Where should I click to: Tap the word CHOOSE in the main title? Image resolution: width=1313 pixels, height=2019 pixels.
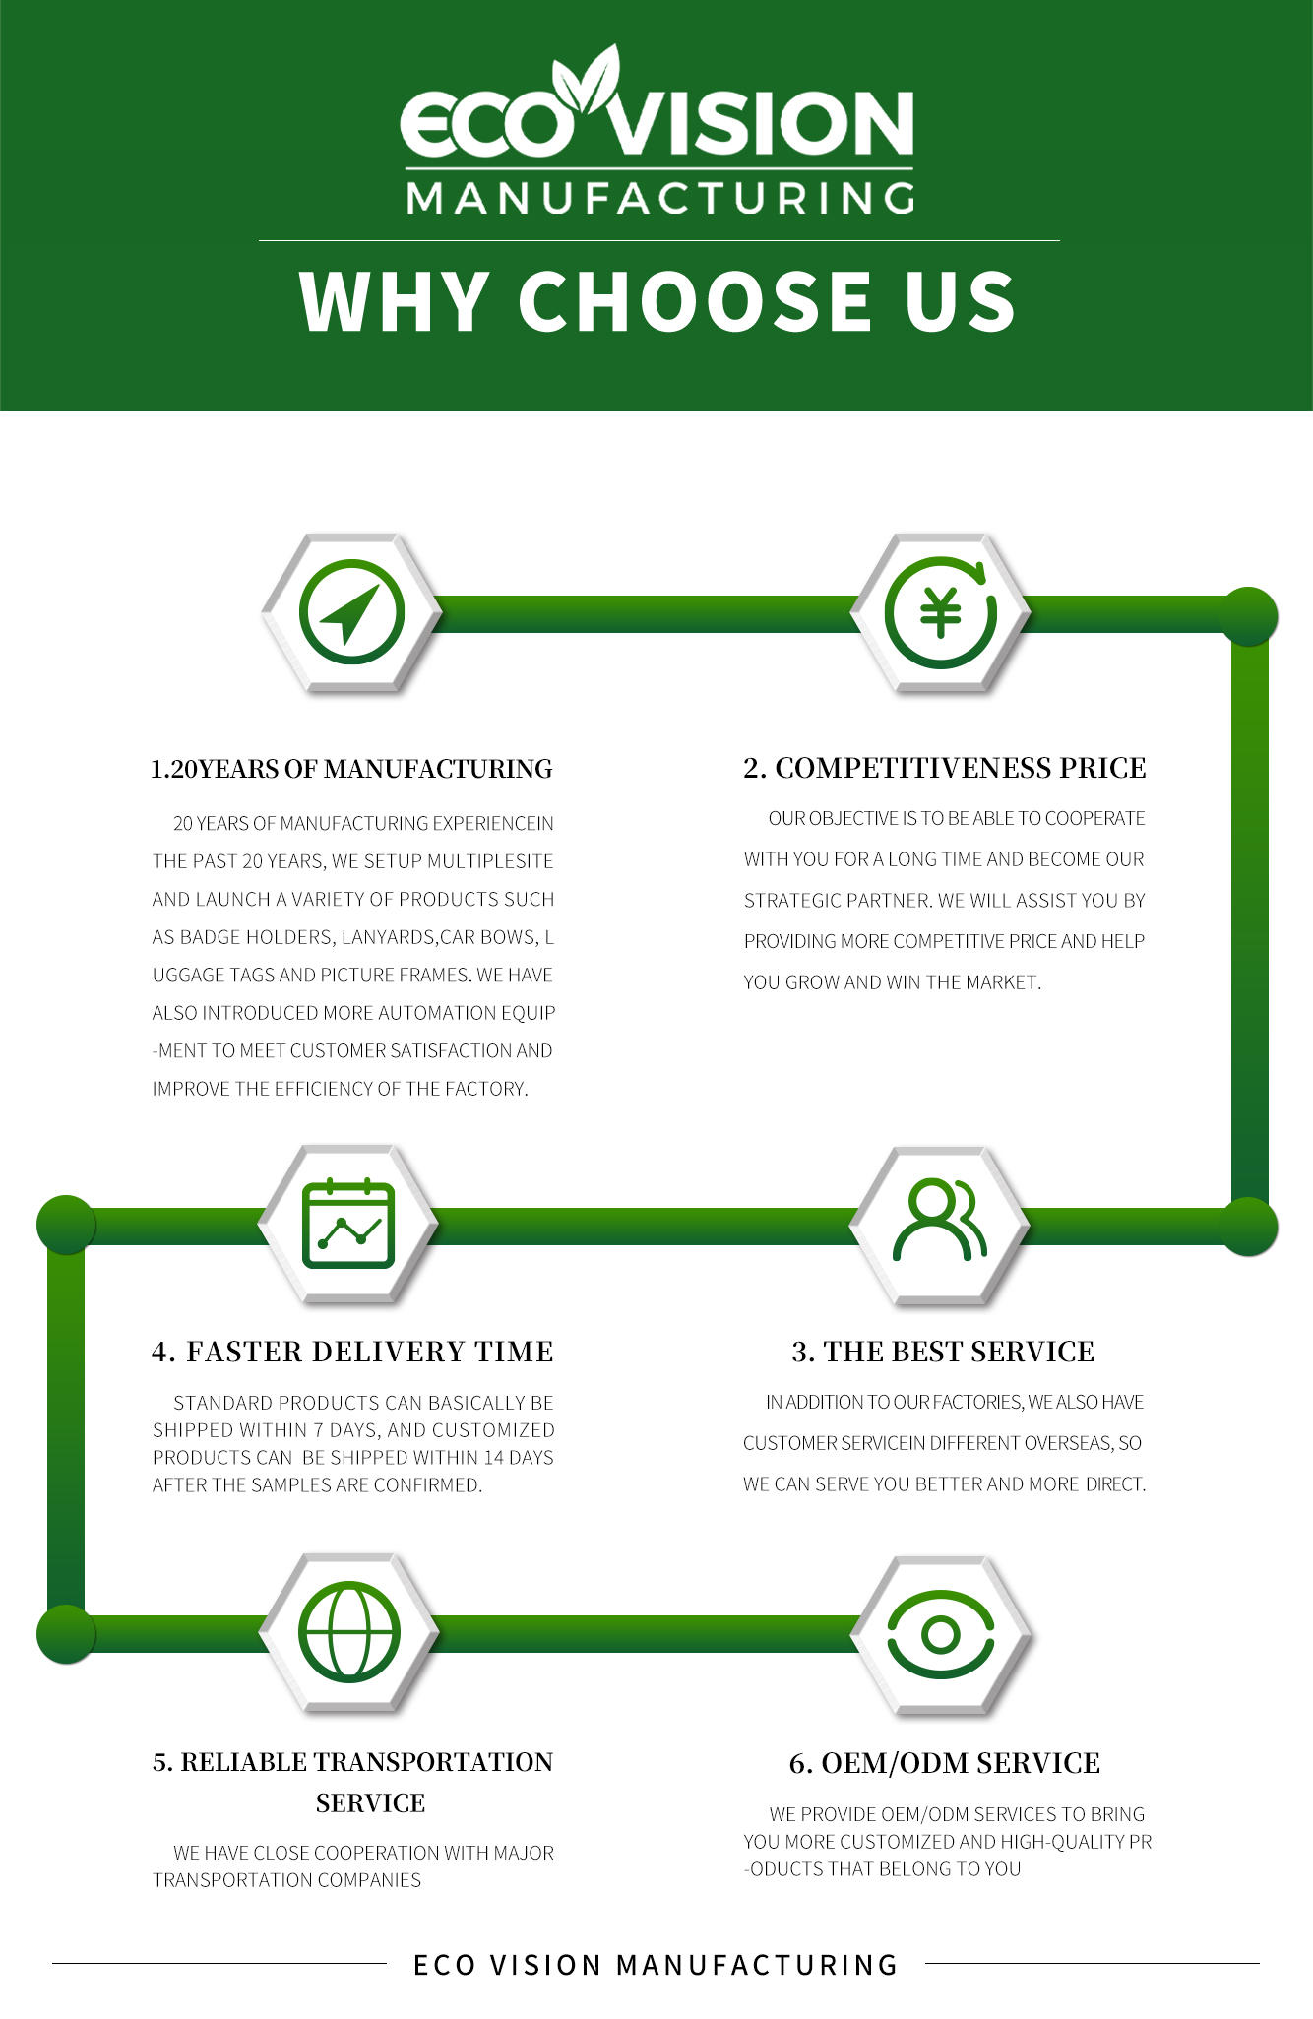tap(697, 301)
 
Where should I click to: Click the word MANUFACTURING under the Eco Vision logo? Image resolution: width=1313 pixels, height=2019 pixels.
tap(659, 199)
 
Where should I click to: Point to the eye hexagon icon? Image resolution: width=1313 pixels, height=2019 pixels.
tap(940, 1634)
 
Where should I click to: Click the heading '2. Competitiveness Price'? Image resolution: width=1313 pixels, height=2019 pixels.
tap(944, 768)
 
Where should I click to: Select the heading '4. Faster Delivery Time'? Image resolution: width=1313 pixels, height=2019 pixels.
tap(352, 1352)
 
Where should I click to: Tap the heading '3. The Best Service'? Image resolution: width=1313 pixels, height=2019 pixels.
tap(943, 1352)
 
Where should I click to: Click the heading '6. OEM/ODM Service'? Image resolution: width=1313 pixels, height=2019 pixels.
tap(944, 1763)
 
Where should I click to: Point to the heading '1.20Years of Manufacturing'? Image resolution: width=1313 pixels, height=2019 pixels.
tap(351, 769)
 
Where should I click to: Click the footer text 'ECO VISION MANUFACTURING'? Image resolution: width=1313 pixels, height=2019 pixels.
tap(656, 1965)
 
